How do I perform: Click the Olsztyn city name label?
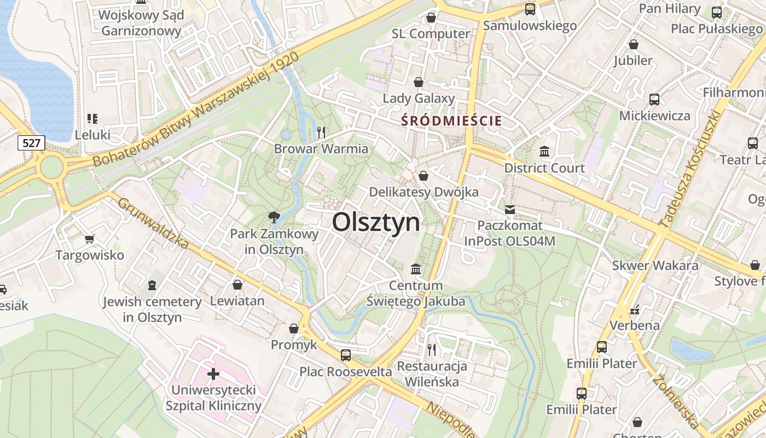click(x=376, y=222)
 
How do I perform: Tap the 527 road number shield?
click(x=31, y=143)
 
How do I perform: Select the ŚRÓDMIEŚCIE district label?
click(x=451, y=120)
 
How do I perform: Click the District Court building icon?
click(x=544, y=151)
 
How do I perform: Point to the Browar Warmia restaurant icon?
click(x=321, y=132)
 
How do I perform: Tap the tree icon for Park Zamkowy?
click(x=274, y=217)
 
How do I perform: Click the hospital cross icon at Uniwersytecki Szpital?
click(x=213, y=374)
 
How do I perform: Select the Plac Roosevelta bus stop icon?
click(x=346, y=355)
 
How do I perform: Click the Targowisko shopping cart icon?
click(x=89, y=239)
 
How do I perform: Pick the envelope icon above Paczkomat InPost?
click(x=510, y=209)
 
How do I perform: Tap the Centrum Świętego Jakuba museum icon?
click(x=416, y=269)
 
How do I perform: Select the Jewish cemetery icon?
click(x=152, y=285)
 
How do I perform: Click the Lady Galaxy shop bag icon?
click(x=419, y=82)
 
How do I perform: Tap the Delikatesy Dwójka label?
click(x=423, y=192)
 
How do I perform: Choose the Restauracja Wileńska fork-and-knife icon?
click(x=432, y=349)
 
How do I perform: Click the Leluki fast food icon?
click(x=92, y=118)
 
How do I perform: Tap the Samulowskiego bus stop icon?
click(x=530, y=9)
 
